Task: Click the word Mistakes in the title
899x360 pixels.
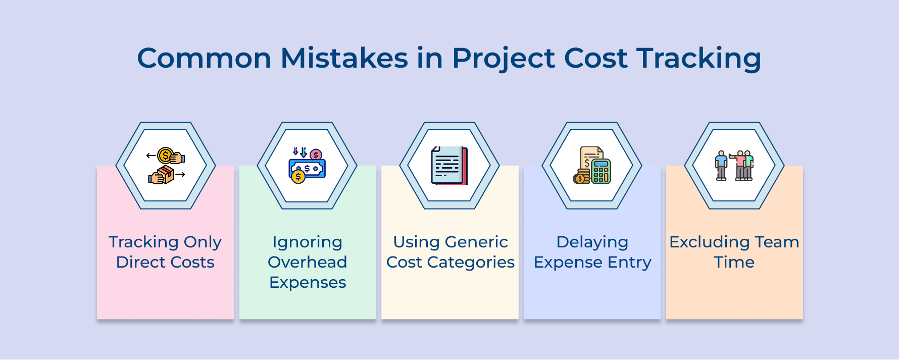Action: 344,58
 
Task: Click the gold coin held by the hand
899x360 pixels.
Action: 165,156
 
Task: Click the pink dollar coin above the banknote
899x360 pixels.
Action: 316,155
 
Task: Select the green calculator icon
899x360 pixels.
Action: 601,171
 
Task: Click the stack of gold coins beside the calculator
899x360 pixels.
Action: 581,177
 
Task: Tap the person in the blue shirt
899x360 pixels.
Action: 721,165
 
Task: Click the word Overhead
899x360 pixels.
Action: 307,262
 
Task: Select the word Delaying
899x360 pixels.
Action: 592,242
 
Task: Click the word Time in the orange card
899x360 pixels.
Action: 734,262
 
